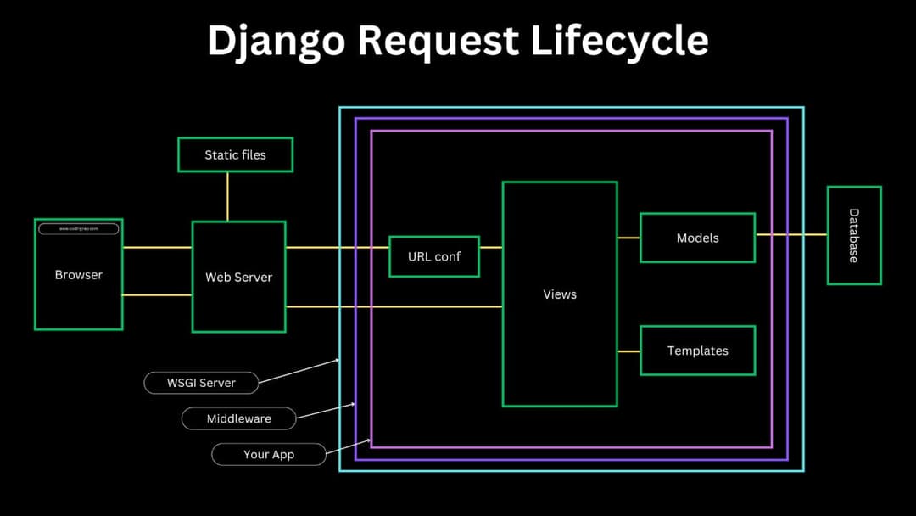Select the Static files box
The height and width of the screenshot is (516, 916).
(235, 155)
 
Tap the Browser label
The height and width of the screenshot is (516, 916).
(78, 275)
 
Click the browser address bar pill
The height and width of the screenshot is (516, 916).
(78, 229)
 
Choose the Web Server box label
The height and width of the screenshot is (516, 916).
(239, 278)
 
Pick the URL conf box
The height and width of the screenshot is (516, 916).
(434, 256)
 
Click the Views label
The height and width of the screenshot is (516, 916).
(560, 294)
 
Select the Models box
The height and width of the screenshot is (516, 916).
(697, 238)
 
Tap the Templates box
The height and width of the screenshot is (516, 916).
(697, 351)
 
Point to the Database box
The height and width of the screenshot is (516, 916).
(853, 235)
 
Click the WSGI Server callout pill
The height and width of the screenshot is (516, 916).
(201, 383)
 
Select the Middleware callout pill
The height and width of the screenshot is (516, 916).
(239, 418)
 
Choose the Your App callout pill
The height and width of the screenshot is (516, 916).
(269, 454)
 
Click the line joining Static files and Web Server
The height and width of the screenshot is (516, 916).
(227, 197)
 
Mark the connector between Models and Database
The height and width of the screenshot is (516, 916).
(790, 234)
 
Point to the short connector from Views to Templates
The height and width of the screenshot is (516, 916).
(628, 351)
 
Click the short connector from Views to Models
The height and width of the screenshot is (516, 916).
(628, 238)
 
